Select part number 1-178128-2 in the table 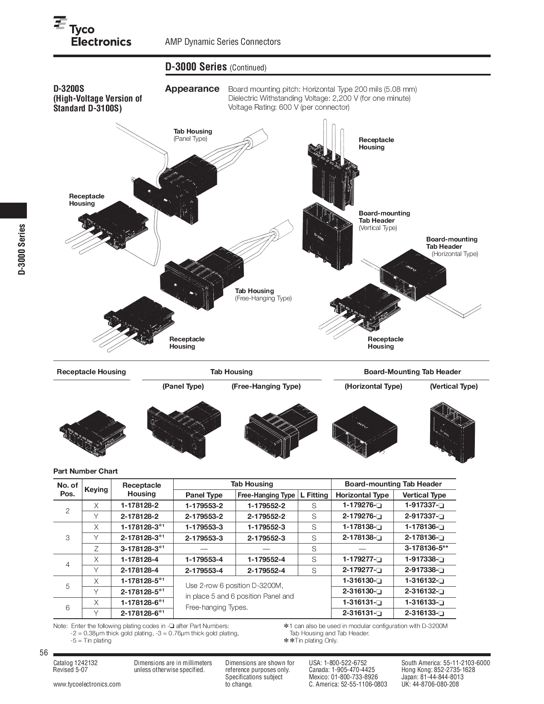point(140,506)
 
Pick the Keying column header point(96,489)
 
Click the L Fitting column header point(314,495)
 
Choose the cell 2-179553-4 point(204,570)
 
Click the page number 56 point(44,653)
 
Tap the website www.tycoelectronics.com point(87,684)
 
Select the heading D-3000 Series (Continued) point(215,67)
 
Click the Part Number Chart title point(85,471)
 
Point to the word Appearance point(192,89)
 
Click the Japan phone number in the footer point(432,677)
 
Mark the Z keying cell point(96,549)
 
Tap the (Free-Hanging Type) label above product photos point(266,386)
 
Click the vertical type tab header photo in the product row point(452,433)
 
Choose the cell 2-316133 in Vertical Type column point(425,613)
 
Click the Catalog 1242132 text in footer point(76,663)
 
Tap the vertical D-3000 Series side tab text point(22,249)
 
